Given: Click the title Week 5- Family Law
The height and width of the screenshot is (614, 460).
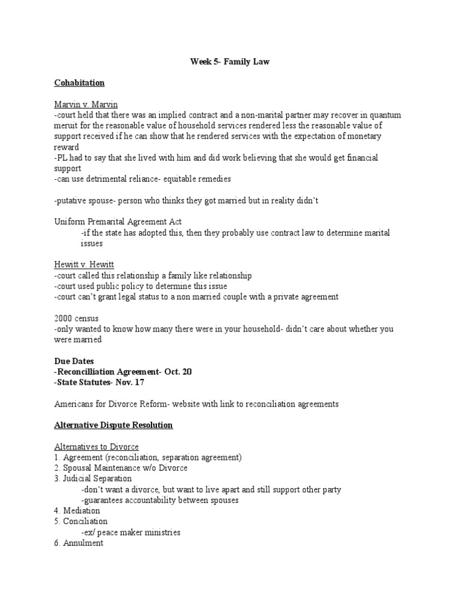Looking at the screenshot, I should [229, 61].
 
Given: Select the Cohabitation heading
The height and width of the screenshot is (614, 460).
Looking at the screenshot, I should [79, 83].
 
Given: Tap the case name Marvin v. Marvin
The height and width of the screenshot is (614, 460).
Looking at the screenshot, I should [86, 104].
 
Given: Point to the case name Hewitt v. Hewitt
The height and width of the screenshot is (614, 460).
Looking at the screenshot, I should [84, 264].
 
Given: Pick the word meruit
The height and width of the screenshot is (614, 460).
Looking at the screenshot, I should [66, 125].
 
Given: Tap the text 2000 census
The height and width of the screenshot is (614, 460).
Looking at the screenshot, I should [77, 318].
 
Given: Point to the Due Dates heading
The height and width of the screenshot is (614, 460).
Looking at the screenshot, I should [74, 361].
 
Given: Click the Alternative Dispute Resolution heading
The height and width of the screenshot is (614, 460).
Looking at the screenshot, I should [113, 425].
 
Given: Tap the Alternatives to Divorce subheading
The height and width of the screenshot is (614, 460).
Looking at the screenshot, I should [96, 447].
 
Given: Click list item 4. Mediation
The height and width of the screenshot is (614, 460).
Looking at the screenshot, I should [77, 511].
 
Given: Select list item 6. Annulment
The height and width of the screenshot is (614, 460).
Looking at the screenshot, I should [78, 543].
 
